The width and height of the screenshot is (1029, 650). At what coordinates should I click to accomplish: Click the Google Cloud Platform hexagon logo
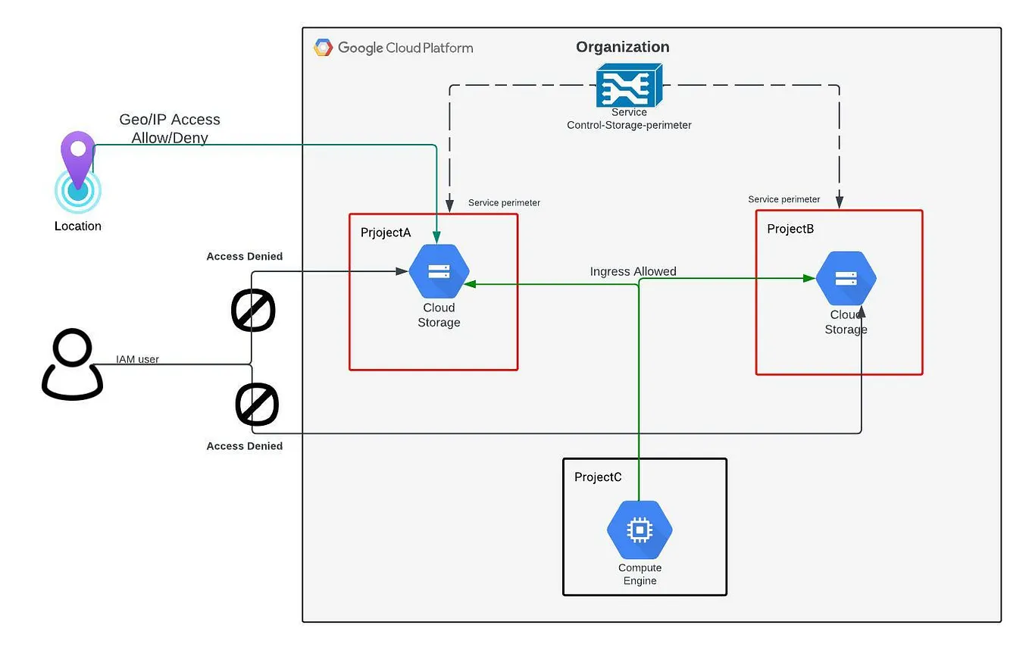click(324, 48)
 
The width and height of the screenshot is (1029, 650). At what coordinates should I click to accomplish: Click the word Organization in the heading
click(622, 47)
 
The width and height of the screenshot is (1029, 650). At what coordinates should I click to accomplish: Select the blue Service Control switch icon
click(628, 85)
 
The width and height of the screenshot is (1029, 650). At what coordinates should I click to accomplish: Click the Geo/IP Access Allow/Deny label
click(170, 129)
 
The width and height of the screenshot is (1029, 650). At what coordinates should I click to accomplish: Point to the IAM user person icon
click(72, 364)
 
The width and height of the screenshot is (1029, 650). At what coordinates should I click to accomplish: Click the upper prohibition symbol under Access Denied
click(252, 310)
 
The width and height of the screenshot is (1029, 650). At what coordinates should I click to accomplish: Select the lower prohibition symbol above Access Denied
click(257, 405)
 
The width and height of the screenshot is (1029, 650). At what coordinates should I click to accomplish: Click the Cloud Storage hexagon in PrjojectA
click(439, 271)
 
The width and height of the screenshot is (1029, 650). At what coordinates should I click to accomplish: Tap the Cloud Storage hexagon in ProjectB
click(846, 278)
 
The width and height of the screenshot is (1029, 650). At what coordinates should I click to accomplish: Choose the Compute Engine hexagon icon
click(640, 530)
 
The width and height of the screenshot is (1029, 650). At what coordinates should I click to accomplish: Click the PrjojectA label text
click(386, 233)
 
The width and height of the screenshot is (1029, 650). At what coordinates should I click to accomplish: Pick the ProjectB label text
click(790, 229)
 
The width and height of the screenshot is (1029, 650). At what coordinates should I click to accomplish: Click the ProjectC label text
click(598, 477)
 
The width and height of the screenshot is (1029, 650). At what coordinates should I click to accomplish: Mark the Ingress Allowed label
click(633, 271)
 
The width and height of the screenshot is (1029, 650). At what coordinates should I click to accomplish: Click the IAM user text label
click(137, 359)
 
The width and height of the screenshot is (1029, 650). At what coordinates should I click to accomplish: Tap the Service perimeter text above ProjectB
click(783, 199)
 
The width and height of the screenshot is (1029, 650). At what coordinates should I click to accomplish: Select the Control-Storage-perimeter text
click(629, 125)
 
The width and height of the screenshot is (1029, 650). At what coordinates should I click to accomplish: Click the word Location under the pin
click(78, 226)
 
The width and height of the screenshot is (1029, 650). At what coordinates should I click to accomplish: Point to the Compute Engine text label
click(640, 574)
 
